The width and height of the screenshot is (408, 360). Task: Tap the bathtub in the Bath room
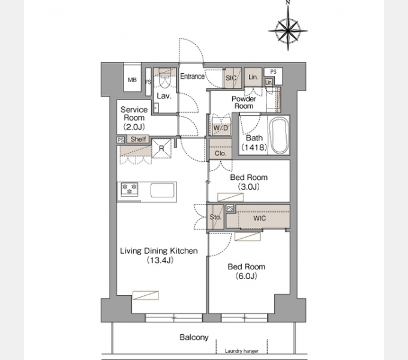coord(279,135)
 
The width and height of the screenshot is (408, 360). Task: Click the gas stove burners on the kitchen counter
coord(130,189)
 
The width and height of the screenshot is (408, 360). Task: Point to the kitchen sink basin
coord(163,190)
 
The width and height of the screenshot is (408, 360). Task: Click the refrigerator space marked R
coord(161,149)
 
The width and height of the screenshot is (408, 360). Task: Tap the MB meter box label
coord(132,80)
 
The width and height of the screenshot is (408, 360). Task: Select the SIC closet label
coord(231,78)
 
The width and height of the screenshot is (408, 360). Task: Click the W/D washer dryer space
coord(221,127)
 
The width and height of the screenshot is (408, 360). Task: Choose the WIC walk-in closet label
coord(259,218)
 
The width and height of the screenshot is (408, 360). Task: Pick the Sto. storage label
coord(215,217)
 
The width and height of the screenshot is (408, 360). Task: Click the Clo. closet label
coord(220,154)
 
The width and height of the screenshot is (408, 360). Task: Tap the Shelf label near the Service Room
coord(138,139)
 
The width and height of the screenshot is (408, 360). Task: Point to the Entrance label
coord(192,76)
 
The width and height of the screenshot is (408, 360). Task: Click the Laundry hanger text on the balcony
coord(241,351)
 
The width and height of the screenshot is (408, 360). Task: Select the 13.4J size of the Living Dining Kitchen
coord(160,260)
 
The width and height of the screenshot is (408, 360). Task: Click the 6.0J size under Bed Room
coord(246,276)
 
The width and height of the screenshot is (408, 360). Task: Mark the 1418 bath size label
coord(254,147)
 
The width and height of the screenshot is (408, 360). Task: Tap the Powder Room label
coord(244,103)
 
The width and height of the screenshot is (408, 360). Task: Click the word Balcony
coord(194,337)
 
